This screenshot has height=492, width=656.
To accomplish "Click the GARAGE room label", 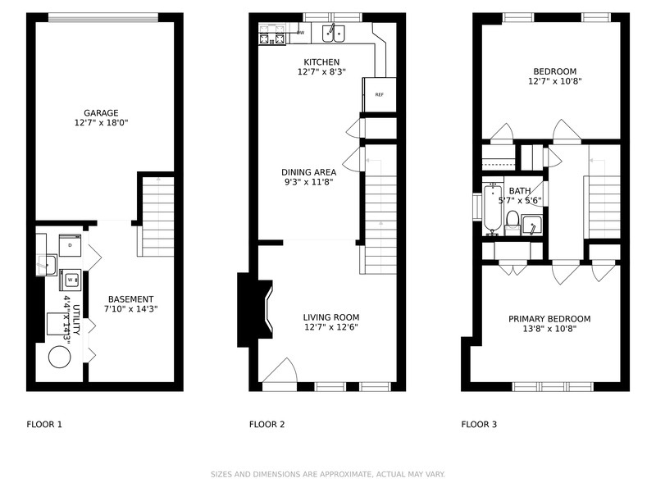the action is pos(101,113).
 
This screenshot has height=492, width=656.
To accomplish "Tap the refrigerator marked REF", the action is pos(379,94).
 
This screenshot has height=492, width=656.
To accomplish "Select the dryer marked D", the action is pos(70,245).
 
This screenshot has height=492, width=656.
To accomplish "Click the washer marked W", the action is pos(70,280).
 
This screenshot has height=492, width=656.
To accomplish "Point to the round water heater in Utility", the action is pos(59,358).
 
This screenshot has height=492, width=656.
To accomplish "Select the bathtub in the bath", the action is pos(493,209).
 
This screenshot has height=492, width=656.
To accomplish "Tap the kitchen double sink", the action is pos(334,34).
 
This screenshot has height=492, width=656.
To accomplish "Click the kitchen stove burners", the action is pos(272,34).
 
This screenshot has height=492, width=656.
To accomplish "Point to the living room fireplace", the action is pos(255,310).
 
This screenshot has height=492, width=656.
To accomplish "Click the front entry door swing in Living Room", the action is pos(280,370).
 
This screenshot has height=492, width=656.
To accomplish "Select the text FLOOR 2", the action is pos(267,424).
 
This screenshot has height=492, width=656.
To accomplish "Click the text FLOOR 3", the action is pos(479,424).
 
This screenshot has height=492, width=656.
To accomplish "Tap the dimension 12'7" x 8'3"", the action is pos(321,71).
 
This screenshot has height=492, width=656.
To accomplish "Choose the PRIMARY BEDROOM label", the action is pos(549,319).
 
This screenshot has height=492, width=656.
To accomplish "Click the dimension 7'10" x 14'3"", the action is pos(131,309).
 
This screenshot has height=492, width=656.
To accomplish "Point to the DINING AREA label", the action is pos(309,172).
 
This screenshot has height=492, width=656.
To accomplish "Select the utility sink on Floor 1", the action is pos(47,265).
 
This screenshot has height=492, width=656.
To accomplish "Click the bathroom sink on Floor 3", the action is pos(531,225).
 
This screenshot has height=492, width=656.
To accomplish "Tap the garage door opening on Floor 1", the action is pos(103,17).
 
